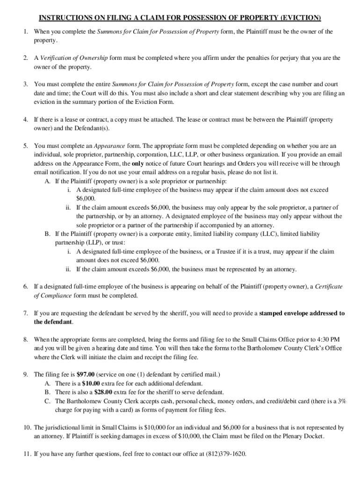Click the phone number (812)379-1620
click(225, 454)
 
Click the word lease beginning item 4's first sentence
click(71, 119)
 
